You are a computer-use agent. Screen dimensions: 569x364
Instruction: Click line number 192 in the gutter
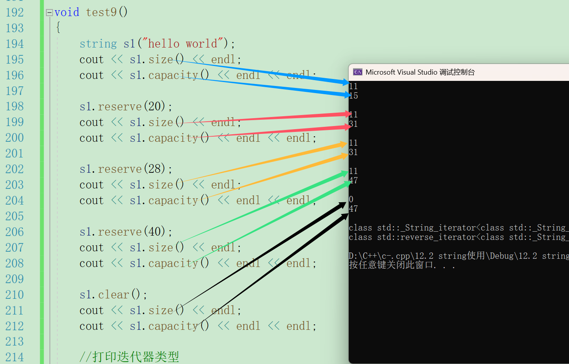point(15,13)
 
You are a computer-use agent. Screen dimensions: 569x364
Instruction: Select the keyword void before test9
point(67,13)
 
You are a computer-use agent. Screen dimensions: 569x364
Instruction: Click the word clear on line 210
point(113,294)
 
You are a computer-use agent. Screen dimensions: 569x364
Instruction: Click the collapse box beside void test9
point(49,13)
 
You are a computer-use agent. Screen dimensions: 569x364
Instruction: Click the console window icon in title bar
point(357,72)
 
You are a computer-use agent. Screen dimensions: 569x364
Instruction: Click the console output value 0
point(351,199)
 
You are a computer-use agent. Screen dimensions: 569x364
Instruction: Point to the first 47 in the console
point(353,181)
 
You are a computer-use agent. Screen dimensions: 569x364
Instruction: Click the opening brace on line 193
point(58,27)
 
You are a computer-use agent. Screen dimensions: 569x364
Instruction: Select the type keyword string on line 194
point(98,44)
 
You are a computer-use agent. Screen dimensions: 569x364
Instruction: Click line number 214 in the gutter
point(15,357)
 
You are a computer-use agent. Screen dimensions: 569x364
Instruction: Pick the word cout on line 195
point(91,60)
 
